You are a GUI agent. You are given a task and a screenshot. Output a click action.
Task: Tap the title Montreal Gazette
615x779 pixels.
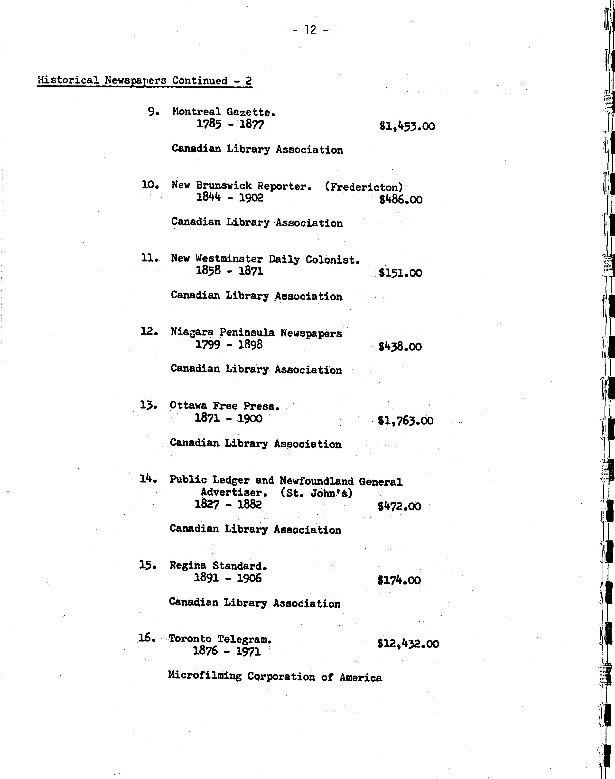click(224, 112)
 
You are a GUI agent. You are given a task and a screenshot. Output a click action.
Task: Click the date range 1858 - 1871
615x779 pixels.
click(229, 271)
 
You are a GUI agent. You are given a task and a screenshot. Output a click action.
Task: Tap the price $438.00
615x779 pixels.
click(400, 347)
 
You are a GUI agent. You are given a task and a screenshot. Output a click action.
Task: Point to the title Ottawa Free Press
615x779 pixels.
click(224, 406)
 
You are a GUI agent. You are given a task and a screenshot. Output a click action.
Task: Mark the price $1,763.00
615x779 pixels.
click(405, 420)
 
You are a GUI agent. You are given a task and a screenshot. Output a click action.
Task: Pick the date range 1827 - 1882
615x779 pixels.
click(228, 504)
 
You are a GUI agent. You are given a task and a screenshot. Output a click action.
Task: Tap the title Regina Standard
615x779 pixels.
click(218, 566)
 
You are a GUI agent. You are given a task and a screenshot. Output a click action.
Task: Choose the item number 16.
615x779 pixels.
click(147, 638)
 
